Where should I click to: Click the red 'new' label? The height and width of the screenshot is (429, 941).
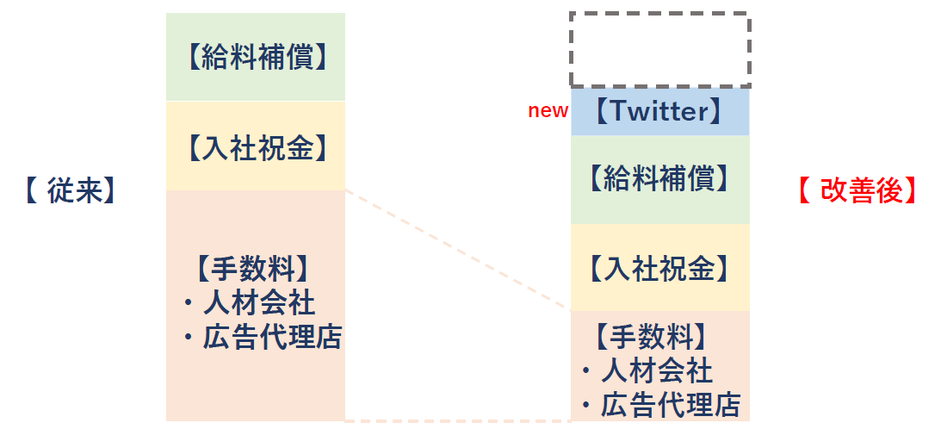548,111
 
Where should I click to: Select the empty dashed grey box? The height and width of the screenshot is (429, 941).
660,49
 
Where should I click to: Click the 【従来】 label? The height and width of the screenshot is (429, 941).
70,191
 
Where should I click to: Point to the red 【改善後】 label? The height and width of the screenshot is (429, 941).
857,191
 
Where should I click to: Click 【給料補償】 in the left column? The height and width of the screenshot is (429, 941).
256,58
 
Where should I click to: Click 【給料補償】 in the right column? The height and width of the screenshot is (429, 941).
659,179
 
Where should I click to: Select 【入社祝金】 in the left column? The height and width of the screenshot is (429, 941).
256,148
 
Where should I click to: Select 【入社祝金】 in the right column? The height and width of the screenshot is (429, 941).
659,269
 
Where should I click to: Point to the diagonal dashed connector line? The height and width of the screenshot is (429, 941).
457,249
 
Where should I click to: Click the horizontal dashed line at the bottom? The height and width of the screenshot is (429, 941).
457,421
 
